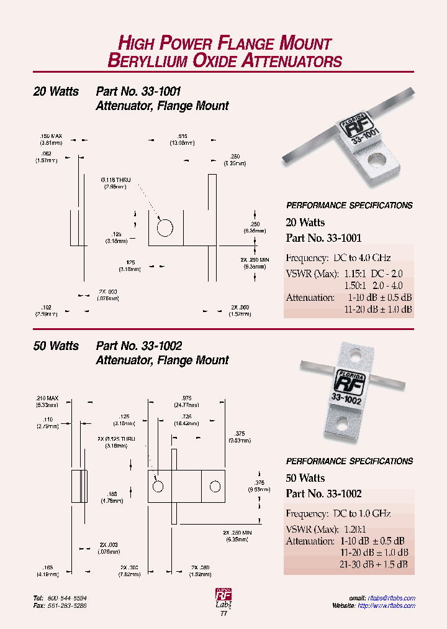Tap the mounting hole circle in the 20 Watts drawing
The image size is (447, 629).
click(165, 228)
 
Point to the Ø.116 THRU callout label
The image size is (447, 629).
click(117, 180)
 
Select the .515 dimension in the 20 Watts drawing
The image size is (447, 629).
click(182, 135)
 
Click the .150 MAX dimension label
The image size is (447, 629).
click(51, 135)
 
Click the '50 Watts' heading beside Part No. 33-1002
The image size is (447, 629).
click(56, 346)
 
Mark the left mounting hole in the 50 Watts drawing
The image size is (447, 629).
click(158, 485)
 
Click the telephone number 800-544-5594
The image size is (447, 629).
click(67, 598)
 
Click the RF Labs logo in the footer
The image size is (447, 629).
click(223, 597)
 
